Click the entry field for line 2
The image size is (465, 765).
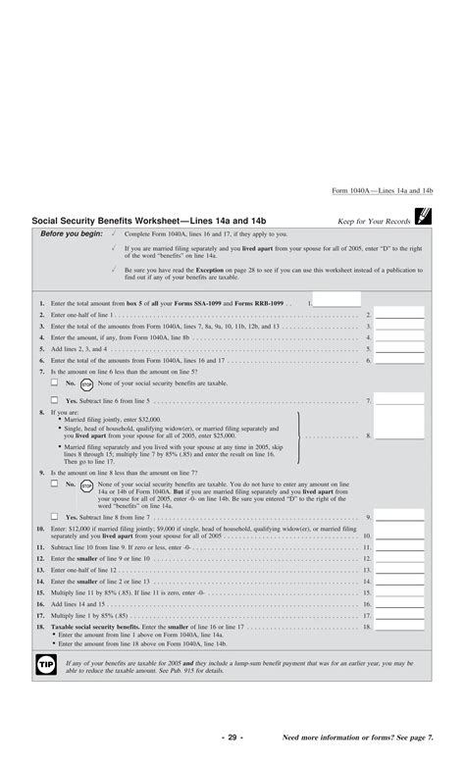(399, 315)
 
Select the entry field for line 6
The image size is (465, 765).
(399, 360)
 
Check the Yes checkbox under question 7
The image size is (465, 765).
(55, 400)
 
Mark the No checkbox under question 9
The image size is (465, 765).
(55, 484)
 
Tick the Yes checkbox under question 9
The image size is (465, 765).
(55, 516)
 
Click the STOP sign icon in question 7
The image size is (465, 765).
(86, 383)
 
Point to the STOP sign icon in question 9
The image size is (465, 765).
(86, 484)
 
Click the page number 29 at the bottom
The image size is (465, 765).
(232, 738)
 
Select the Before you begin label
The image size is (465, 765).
(72, 233)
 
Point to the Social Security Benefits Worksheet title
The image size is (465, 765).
(148, 221)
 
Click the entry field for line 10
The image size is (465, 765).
(399, 535)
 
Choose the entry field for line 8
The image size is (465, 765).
(399, 435)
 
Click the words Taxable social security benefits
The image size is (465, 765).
(95, 626)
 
